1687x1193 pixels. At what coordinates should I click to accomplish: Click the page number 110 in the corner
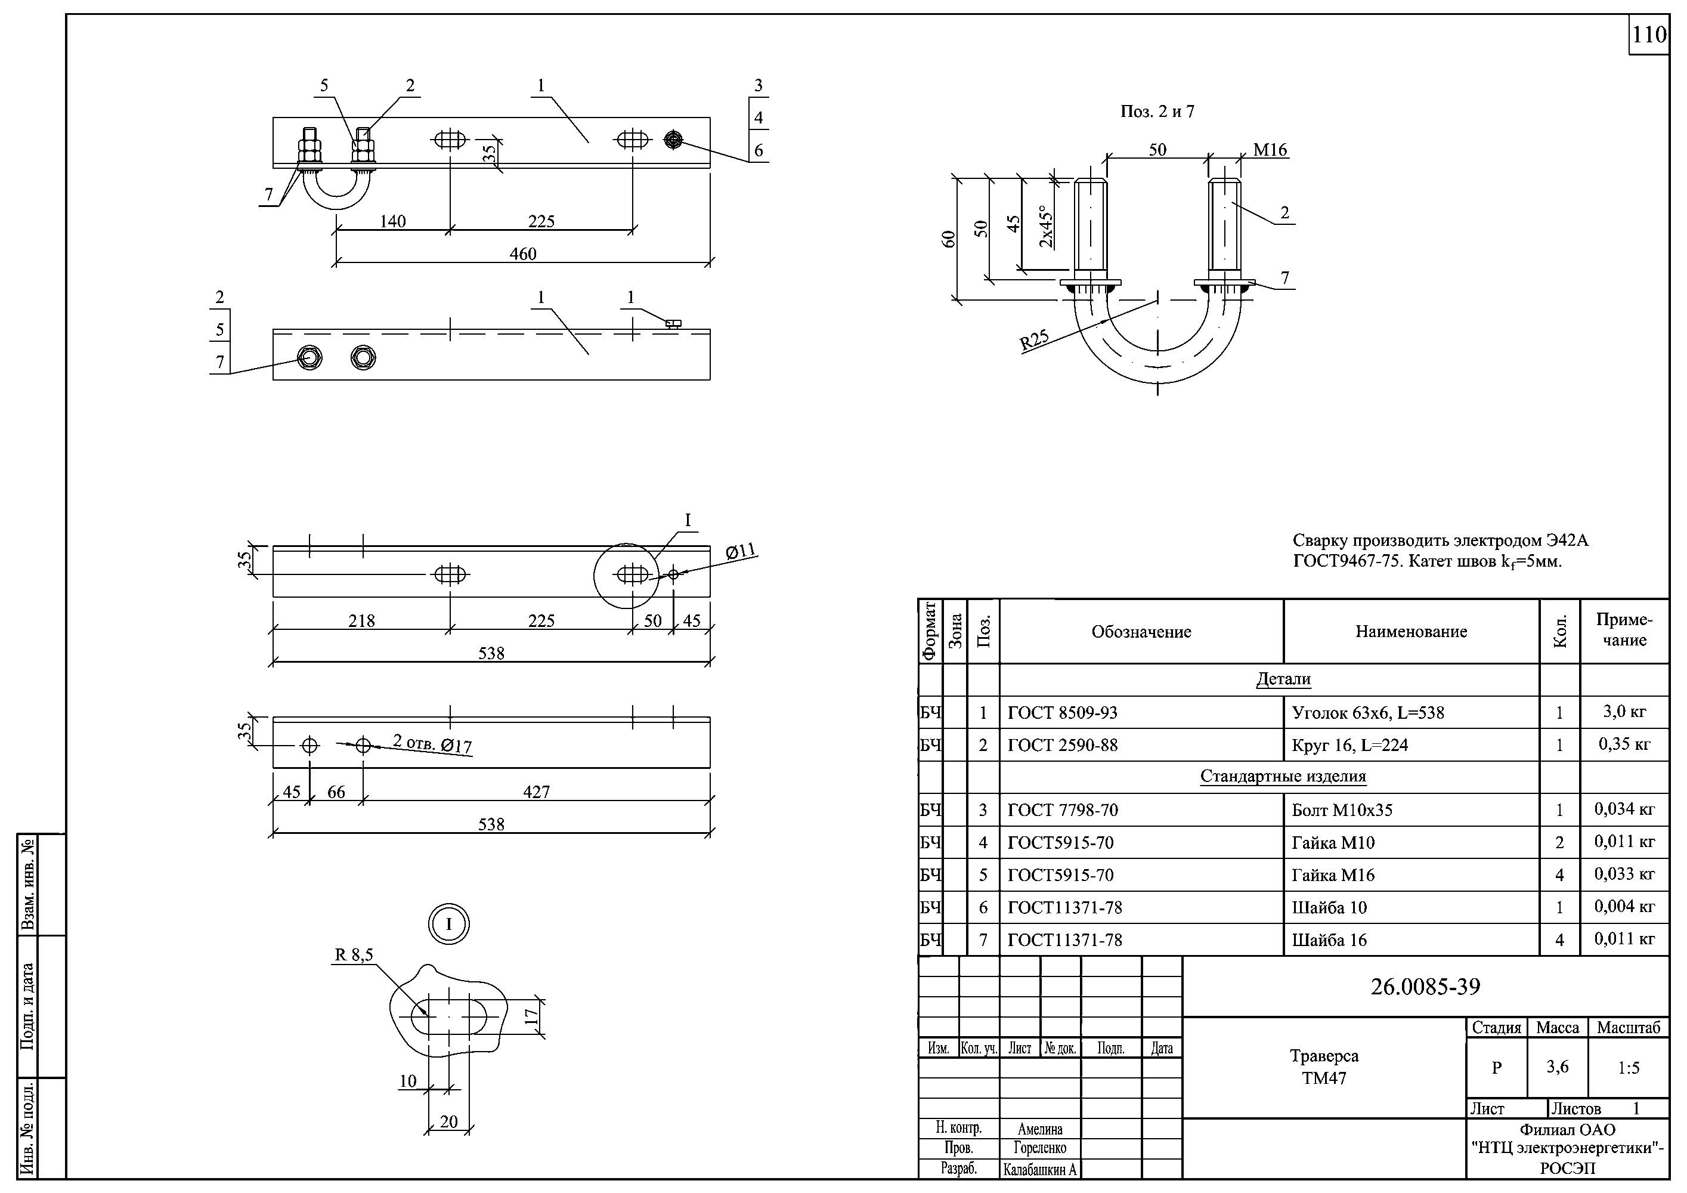(x=1649, y=35)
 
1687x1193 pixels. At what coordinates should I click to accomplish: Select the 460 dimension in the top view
(x=522, y=254)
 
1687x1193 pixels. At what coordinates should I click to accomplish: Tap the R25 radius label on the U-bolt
(x=1034, y=341)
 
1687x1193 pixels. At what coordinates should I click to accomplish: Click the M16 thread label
(x=1270, y=150)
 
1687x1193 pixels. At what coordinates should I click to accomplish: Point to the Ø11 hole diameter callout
(x=741, y=551)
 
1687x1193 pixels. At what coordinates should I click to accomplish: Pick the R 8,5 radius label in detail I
(x=354, y=955)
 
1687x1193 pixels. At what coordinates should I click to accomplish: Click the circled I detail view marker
(x=449, y=924)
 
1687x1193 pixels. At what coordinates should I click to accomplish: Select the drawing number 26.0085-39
(x=1425, y=987)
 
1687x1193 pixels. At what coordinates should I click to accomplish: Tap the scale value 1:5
(x=1628, y=1068)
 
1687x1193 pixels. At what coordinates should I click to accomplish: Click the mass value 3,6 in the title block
(x=1557, y=1067)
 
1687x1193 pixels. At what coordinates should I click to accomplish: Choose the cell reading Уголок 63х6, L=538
(x=1367, y=713)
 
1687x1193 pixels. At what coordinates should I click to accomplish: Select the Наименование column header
(x=1411, y=632)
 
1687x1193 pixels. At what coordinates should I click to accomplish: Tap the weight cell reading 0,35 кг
(x=1624, y=744)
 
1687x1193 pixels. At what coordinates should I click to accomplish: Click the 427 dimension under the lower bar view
(x=536, y=792)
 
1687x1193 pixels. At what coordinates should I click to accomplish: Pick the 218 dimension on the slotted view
(x=361, y=621)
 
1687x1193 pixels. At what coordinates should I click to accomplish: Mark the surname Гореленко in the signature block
(x=1039, y=1148)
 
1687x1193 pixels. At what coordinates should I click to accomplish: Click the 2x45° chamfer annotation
(x=1047, y=227)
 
